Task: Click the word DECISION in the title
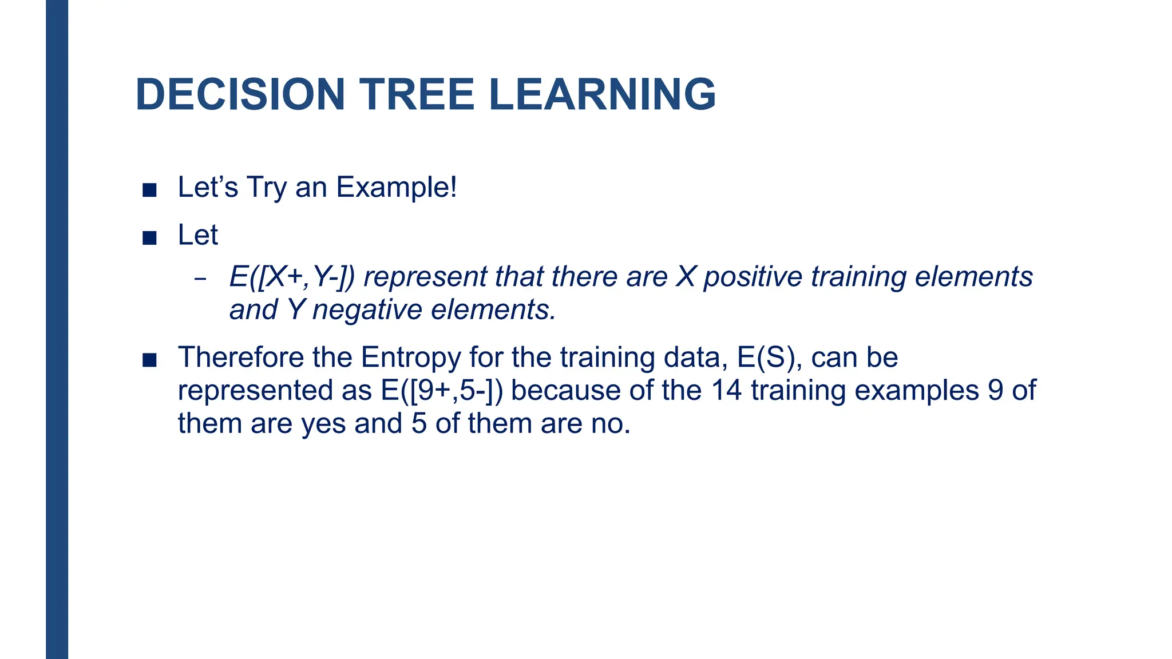[x=240, y=94]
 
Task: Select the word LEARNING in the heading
[x=602, y=94]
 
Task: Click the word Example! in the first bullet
[x=396, y=187]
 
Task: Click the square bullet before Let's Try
[x=149, y=190]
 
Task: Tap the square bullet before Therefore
[x=149, y=360]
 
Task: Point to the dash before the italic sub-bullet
[x=200, y=280]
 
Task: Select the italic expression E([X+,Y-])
[x=292, y=277]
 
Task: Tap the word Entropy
[x=410, y=358]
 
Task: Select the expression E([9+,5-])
[x=441, y=391]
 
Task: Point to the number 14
[x=726, y=391]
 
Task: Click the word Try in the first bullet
[x=266, y=187]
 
